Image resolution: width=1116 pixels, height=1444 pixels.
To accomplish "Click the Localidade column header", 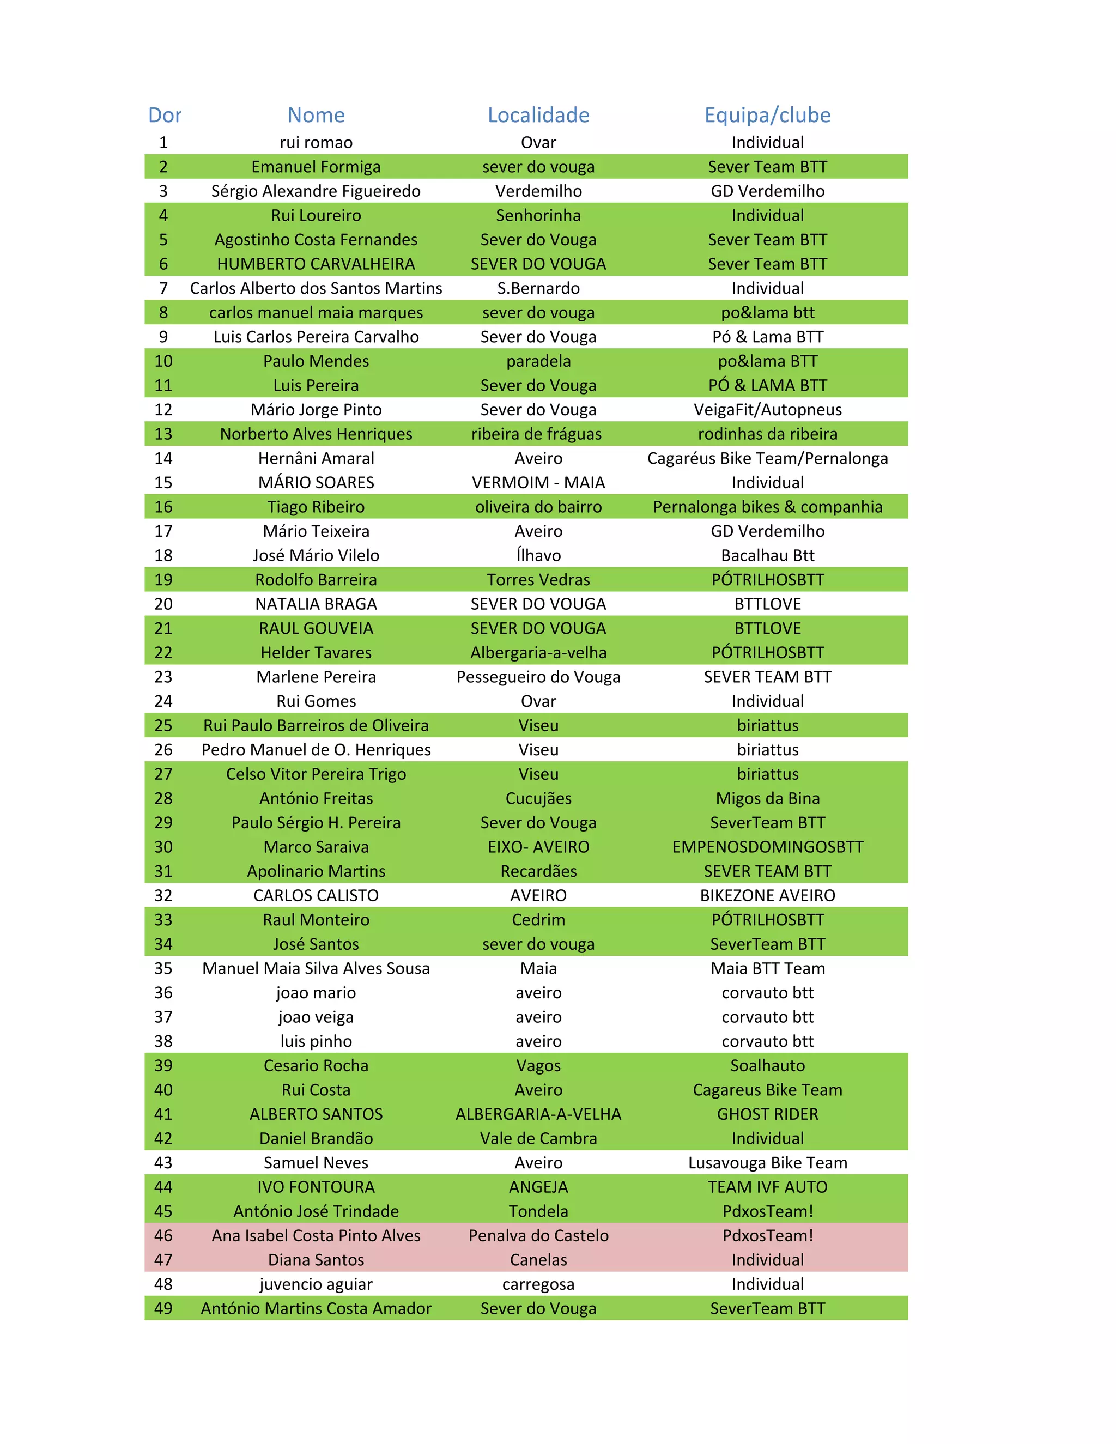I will tap(538, 115).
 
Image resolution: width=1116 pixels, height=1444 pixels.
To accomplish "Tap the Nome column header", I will tap(316, 115).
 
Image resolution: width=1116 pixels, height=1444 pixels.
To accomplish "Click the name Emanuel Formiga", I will tap(316, 167).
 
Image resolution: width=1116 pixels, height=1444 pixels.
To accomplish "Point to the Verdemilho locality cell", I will tap(538, 191).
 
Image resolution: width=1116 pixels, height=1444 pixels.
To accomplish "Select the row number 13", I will tap(163, 434).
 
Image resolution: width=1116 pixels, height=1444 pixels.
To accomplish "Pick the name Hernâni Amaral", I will tap(316, 458).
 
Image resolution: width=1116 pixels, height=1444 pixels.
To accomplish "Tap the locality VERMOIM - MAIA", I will tap(538, 483).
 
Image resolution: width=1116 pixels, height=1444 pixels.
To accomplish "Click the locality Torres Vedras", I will tap(538, 580).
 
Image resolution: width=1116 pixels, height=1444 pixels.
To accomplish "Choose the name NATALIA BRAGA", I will tap(316, 604).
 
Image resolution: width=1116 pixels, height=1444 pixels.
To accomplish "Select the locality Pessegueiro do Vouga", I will tap(538, 677).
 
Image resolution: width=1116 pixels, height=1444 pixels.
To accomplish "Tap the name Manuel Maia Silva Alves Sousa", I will tap(316, 969).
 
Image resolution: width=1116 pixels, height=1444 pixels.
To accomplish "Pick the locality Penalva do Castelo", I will tap(538, 1236).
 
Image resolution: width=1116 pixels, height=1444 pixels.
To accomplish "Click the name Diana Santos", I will tap(316, 1260).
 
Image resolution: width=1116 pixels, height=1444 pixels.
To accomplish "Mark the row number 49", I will tap(163, 1308).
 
